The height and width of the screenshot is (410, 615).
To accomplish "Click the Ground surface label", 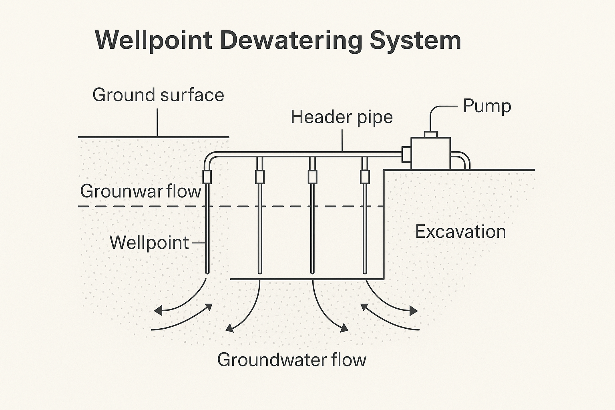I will point(158,95).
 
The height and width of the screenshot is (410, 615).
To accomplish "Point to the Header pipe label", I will point(342,117).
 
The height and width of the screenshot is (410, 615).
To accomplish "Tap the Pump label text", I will point(487,107).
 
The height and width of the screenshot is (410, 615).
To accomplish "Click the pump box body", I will point(431,153).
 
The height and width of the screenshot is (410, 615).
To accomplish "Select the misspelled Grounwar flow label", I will point(141,191).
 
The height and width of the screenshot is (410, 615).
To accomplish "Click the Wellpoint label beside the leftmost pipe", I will point(149,243).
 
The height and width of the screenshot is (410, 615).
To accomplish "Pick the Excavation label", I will point(460,232).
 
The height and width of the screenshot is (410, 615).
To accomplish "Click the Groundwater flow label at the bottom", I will point(291,360).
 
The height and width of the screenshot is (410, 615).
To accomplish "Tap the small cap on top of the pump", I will point(431,134).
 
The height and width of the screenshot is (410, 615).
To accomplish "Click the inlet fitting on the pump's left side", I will point(406,154).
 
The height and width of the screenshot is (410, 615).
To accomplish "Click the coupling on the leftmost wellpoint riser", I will point(207,177).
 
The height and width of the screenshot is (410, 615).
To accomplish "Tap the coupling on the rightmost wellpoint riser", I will point(364,177).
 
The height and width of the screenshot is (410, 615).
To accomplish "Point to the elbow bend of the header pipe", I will point(209,157).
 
